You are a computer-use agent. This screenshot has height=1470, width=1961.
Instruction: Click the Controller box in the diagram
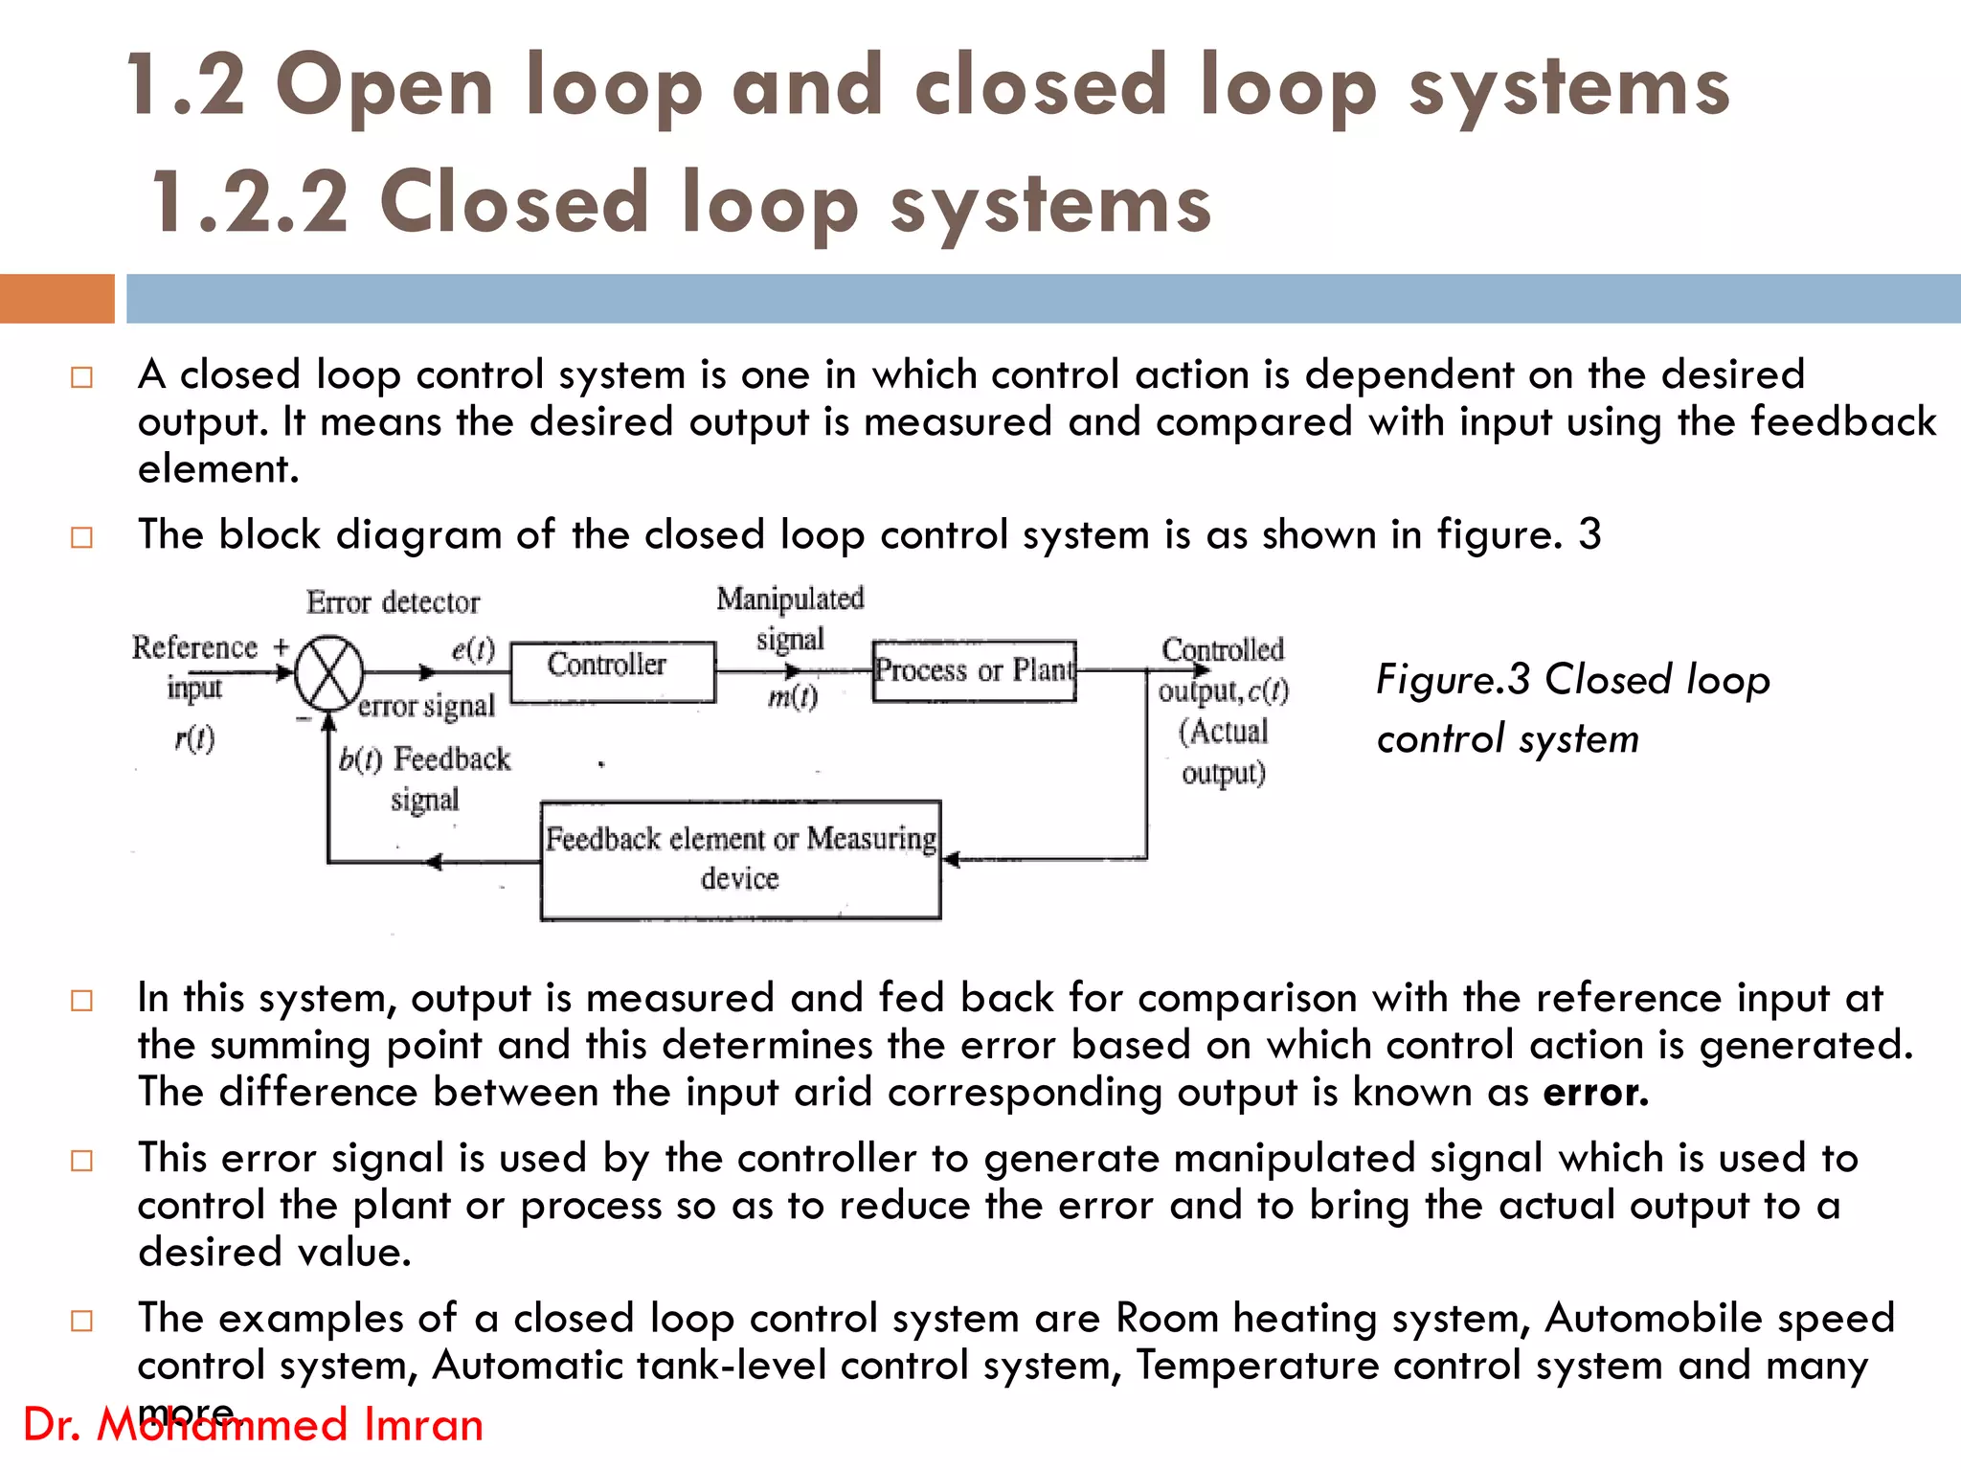tap(613, 671)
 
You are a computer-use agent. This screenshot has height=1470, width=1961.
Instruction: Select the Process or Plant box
tap(974, 670)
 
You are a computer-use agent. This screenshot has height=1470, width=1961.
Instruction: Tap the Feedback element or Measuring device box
tap(740, 859)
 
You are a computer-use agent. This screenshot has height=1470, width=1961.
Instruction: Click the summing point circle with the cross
tap(328, 673)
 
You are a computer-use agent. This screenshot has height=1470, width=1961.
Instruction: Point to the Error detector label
tap(393, 602)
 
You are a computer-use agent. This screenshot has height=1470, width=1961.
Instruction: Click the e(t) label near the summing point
tap(473, 650)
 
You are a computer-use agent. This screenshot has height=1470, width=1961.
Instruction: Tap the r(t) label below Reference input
tap(194, 738)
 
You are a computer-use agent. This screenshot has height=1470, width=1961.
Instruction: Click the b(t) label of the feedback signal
tap(360, 760)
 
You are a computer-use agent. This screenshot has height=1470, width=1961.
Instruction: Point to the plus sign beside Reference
tap(281, 646)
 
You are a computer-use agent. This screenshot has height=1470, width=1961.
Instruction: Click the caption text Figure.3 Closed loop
tap(1572, 680)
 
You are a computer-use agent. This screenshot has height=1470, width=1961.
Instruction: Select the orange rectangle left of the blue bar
tap(56, 298)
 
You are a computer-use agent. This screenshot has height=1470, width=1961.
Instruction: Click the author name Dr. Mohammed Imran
tap(253, 1425)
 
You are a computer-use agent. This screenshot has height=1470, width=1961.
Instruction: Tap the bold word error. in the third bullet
tap(1595, 1093)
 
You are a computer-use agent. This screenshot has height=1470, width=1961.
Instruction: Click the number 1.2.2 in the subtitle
tap(250, 202)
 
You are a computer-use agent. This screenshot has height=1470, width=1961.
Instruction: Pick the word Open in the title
tap(384, 87)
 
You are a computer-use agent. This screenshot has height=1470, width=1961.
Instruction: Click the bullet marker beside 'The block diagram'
tap(82, 537)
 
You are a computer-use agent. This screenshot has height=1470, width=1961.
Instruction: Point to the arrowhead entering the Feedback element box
tap(951, 859)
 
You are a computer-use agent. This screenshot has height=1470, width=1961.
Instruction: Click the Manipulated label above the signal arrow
tap(790, 599)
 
